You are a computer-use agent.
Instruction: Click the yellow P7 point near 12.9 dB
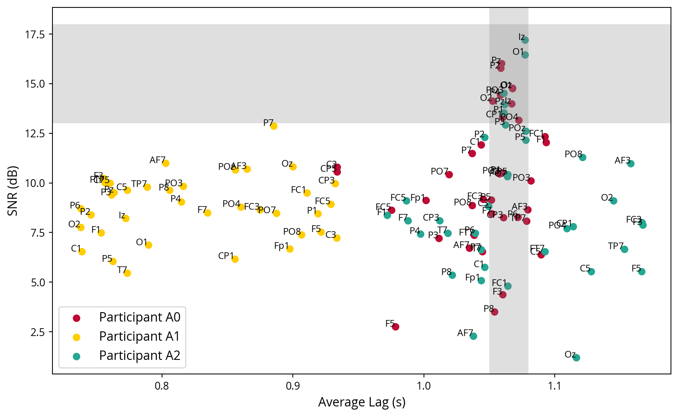pyautogui.click(x=274, y=126)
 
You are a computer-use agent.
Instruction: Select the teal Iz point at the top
pyautogui.click(x=525, y=40)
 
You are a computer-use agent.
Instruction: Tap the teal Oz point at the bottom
pyautogui.click(x=576, y=358)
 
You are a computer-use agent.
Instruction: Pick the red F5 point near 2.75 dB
pyautogui.click(x=395, y=327)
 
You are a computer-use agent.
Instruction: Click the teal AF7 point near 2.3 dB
pyautogui.click(x=473, y=336)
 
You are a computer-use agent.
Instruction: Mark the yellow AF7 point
pyautogui.click(x=166, y=163)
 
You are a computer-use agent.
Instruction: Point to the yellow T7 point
pyautogui.click(x=127, y=273)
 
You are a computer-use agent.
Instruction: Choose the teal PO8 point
pyautogui.click(x=582, y=157)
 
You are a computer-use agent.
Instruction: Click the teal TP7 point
pyautogui.click(x=624, y=249)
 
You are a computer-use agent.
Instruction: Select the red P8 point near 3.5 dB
pyautogui.click(x=494, y=312)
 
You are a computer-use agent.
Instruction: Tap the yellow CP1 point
pyautogui.click(x=235, y=259)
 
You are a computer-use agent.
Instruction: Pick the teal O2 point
pyautogui.click(x=613, y=201)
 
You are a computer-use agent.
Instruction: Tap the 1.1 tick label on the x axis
pyautogui.click(x=554, y=386)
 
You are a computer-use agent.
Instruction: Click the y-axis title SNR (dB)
pyautogui.click(x=13, y=191)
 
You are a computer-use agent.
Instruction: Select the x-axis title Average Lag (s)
pyautogui.click(x=362, y=402)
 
